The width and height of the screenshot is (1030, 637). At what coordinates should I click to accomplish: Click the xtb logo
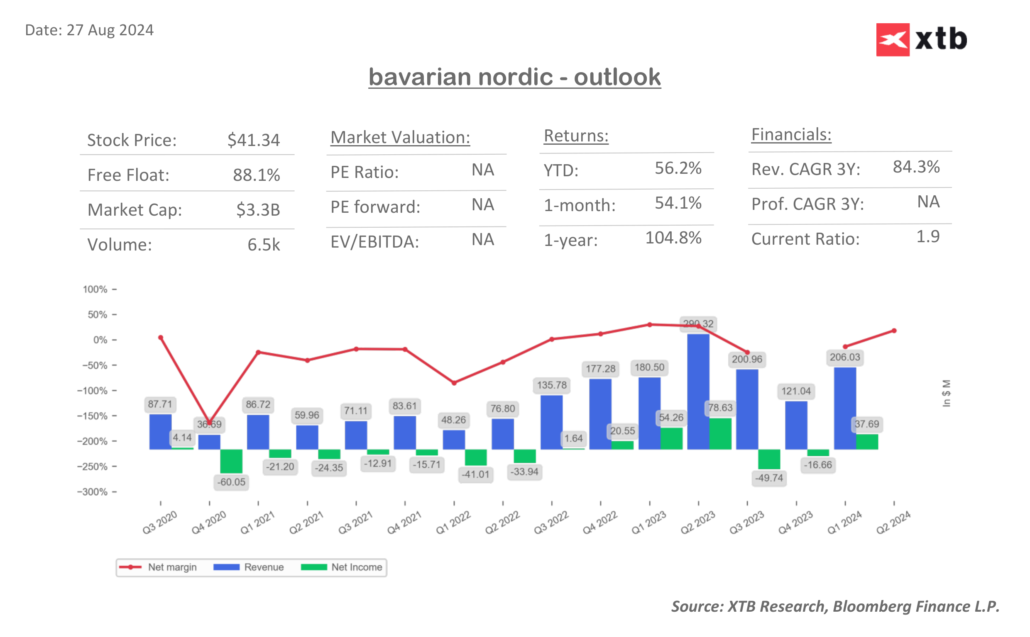[921, 39]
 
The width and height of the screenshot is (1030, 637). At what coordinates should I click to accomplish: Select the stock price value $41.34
[253, 140]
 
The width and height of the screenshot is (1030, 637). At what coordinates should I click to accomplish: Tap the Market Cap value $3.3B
[258, 209]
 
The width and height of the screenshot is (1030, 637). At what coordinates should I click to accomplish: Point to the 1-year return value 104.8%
[673, 238]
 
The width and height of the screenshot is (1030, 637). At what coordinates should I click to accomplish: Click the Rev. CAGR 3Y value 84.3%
[916, 167]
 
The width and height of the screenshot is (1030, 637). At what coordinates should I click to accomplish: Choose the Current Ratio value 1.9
[927, 236]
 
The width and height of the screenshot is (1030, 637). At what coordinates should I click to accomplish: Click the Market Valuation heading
[400, 137]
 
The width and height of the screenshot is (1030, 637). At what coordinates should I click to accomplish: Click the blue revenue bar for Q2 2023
[698, 392]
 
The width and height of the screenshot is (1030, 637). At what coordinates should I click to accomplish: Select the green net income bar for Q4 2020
[231, 461]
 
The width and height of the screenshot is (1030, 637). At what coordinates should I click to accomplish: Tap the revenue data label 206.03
[844, 357]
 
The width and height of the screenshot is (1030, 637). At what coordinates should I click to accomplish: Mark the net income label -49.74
[768, 478]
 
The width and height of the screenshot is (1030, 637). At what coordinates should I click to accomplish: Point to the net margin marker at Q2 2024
[894, 331]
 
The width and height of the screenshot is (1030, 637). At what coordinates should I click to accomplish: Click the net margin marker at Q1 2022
[454, 383]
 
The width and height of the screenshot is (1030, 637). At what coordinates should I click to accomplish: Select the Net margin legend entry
[158, 567]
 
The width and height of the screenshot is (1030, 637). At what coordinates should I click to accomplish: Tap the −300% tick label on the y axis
[92, 492]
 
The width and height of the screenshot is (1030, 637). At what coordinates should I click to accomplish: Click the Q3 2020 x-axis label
[159, 523]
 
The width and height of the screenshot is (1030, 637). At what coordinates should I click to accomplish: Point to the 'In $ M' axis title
[946, 393]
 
